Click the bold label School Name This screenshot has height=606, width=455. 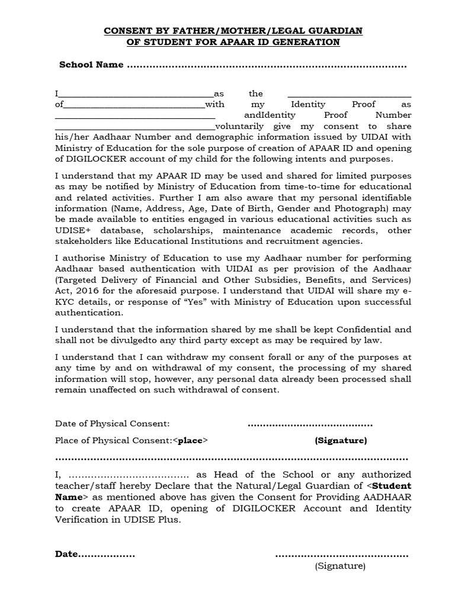pyautogui.click(x=91, y=65)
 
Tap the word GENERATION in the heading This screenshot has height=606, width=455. pyautogui.click(x=307, y=42)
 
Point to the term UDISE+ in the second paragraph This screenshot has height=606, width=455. pyautogui.click(x=72, y=230)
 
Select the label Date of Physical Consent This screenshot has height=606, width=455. pyautogui.click(x=113, y=424)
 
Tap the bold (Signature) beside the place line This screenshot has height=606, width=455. pyautogui.click(x=341, y=440)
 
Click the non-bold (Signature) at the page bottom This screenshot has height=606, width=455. pyautogui.click(x=340, y=566)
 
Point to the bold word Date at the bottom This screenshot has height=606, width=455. pyautogui.click(x=66, y=554)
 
